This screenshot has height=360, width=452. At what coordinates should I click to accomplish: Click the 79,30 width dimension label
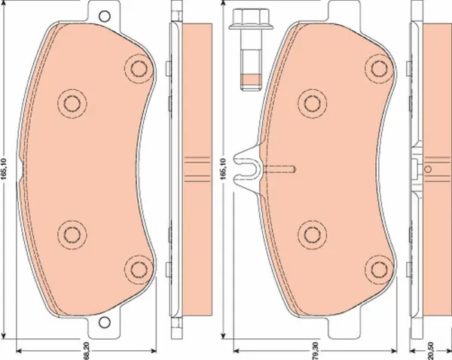click(316, 351)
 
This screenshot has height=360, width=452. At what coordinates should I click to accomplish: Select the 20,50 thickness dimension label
click(431, 351)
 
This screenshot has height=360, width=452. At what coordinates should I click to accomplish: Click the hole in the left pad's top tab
click(105, 17)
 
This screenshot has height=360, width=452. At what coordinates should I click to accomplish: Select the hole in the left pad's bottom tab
click(105, 322)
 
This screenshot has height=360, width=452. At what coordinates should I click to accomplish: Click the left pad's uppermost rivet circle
click(139, 69)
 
